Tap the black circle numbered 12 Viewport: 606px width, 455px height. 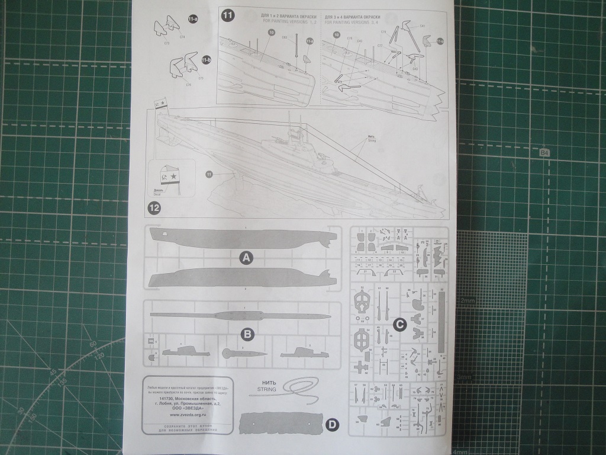tap(154, 209)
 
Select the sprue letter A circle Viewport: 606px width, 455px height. tap(246, 257)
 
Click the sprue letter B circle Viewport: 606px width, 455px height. tap(248, 334)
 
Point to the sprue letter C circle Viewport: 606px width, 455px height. tap(399, 323)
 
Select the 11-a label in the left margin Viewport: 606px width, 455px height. tap(193, 20)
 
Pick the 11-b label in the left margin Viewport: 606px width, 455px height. tap(206, 60)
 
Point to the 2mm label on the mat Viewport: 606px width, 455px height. tap(467, 300)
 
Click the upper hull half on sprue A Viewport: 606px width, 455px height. tap(243, 238)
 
